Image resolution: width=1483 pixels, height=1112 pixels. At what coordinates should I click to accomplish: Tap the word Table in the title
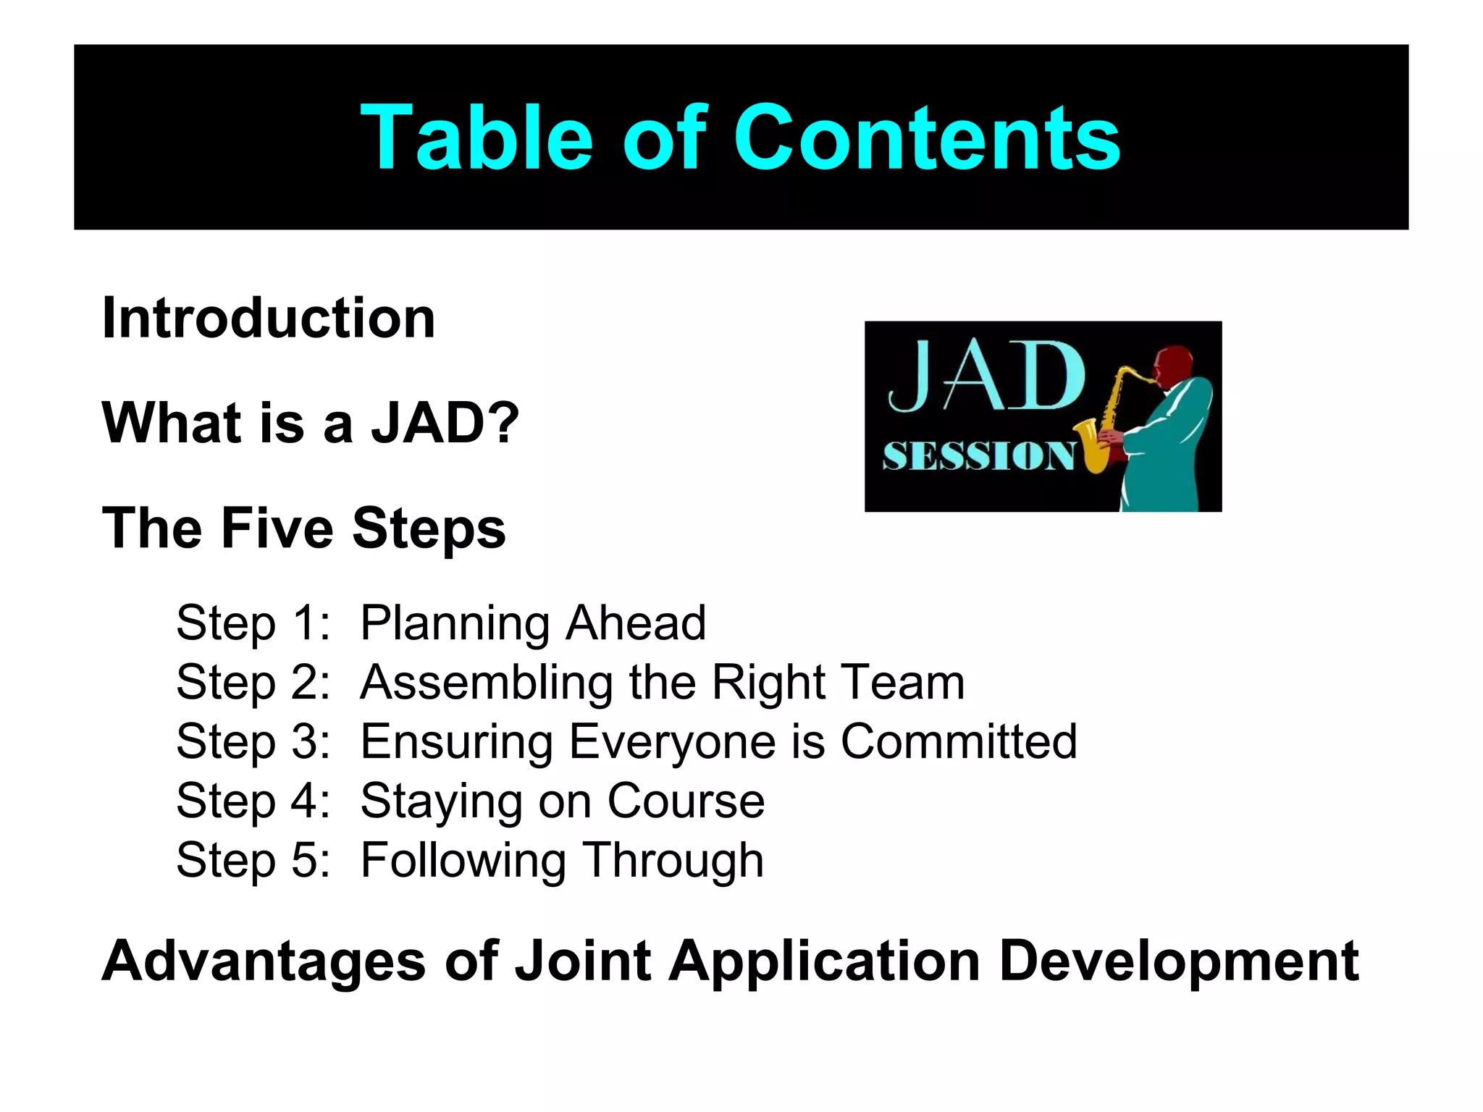[x=476, y=138]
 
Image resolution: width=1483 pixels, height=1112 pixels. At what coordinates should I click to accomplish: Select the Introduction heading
[x=269, y=319]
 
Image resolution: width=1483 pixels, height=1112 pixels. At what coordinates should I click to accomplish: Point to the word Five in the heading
[x=277, y=528]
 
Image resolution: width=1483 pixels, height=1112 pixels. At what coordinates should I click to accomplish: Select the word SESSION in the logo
[x=978, y=457]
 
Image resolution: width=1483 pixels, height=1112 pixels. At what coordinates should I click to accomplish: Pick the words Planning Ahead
[x=533, y=623]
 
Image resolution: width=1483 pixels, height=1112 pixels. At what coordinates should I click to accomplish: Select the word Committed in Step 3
[x=959, y=742]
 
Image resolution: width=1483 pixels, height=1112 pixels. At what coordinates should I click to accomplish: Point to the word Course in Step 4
[x=685, y=801]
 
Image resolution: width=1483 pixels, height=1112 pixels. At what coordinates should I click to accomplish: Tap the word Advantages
[x=264, y=961]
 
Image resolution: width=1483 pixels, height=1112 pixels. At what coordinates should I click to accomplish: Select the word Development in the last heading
[x=1178, y=961]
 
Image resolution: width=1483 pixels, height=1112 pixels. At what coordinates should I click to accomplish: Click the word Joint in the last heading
[x=582, y=961]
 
